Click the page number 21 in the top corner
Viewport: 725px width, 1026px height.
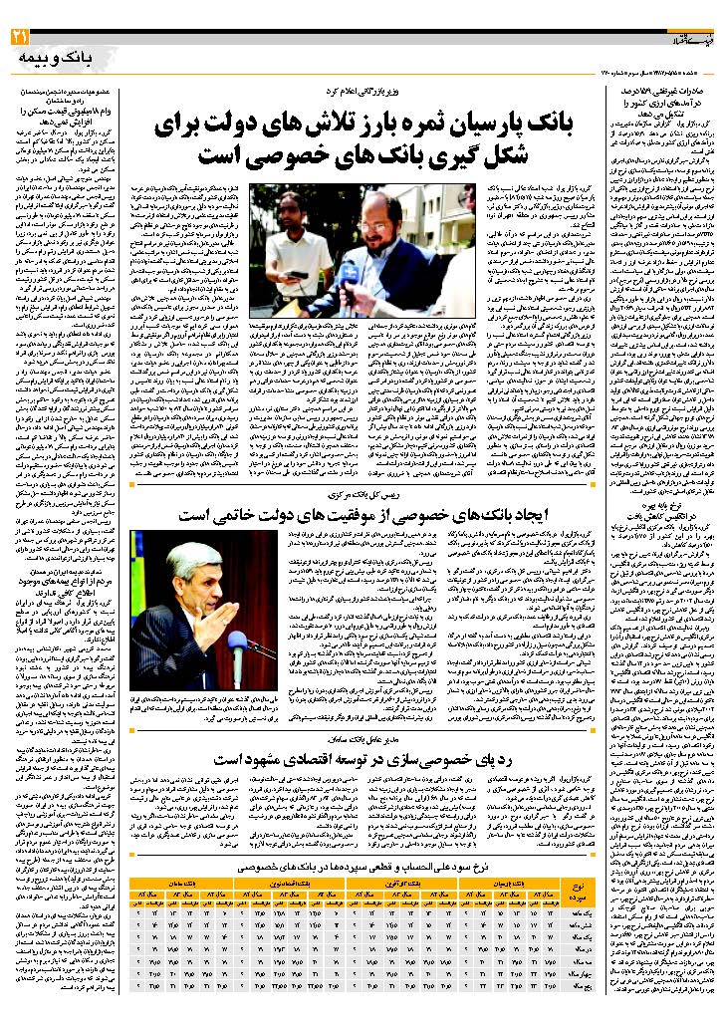[x=20, y=37]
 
